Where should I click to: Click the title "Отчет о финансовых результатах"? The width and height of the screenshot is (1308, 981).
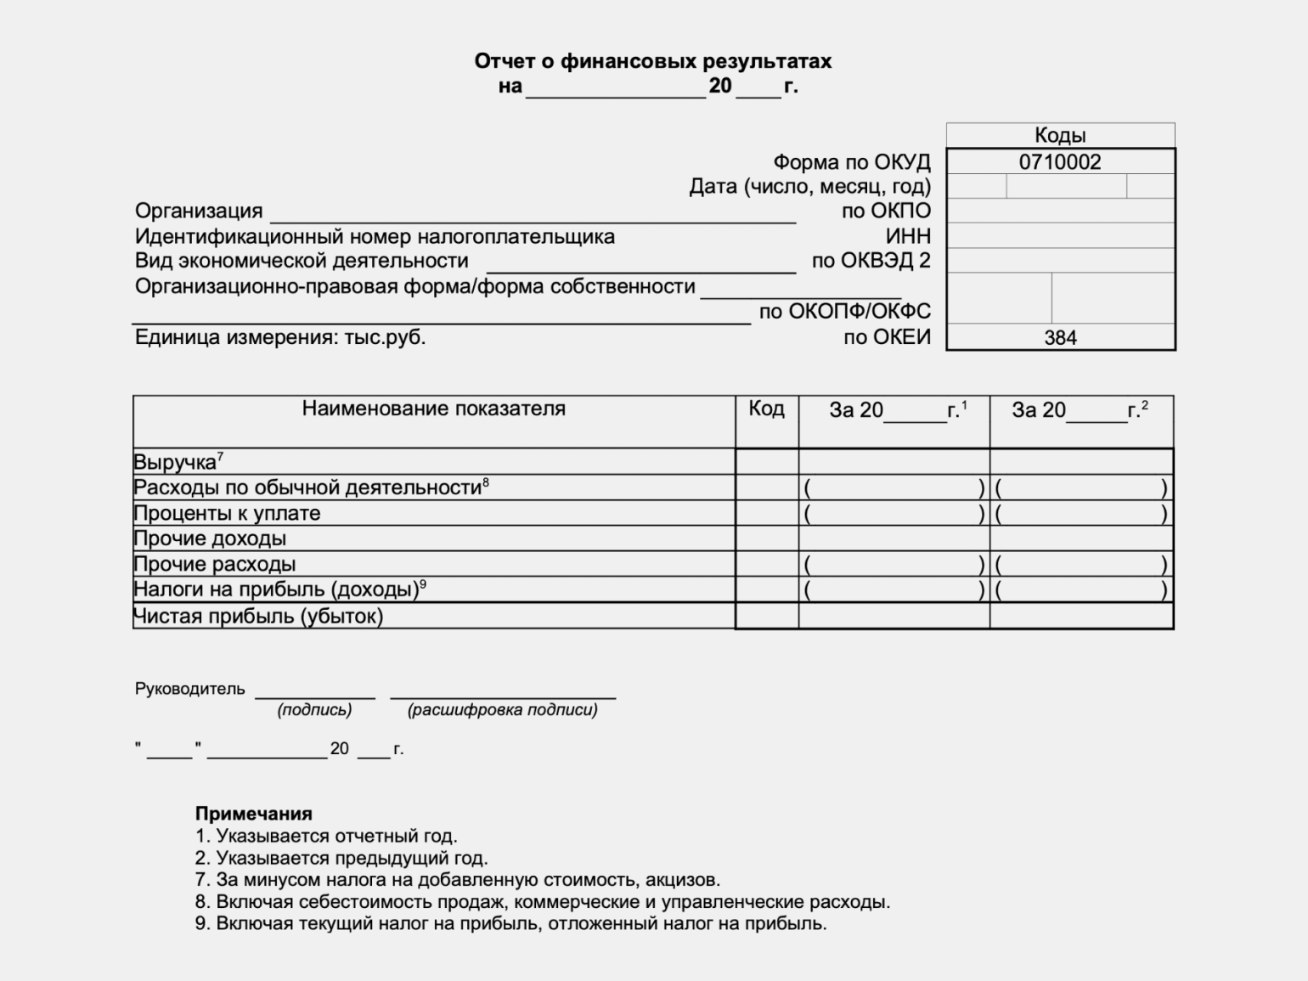click(x=652, y=61)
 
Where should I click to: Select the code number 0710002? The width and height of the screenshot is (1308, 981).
click(x=1060, y=162)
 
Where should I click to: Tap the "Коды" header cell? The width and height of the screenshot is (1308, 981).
click(x=1060, y=135)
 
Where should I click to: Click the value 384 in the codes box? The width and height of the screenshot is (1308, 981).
click(x=1060, y=338)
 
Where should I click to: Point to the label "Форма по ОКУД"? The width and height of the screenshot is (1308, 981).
click(x=851, y=162)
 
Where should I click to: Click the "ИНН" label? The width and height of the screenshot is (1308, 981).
click(x=908, y=236)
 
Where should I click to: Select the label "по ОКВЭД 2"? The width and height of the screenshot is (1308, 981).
click(x=871, y=261)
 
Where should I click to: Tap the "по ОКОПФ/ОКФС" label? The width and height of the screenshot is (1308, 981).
click(x=844, y=312)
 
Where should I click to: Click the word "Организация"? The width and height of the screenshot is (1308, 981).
click(x=199, y=211)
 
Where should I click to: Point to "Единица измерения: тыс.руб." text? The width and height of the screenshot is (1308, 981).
click(x=280, y=337)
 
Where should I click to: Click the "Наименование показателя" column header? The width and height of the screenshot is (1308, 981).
click(x=433, y=409)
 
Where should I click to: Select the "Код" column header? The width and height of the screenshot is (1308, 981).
click(x=766, y=409)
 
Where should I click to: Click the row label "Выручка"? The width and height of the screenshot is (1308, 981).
click(x=175, y=463)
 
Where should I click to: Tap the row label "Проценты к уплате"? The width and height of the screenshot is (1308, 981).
click(x=227, y=513)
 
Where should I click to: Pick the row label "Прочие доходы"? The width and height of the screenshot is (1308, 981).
click(x=210, y=538)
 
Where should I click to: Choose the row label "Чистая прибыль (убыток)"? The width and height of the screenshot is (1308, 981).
click(x=258, y=616)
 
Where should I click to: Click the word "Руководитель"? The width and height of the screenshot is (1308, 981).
click(x=189, y=689)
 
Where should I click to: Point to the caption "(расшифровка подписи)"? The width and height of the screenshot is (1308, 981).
click(x=503, y=710)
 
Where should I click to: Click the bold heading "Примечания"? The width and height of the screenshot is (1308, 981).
click(x=254, y=814)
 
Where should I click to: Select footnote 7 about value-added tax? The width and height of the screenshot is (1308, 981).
click(x=458, y=880)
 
